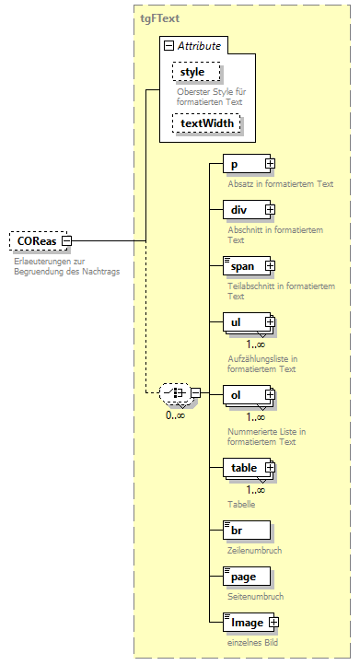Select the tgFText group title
[159, 17]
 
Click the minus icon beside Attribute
[168, 45]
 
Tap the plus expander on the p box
[270, 164]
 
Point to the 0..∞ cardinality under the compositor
[176, 414]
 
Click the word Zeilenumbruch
[253, 550]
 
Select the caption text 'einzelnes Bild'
[252, 643]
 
